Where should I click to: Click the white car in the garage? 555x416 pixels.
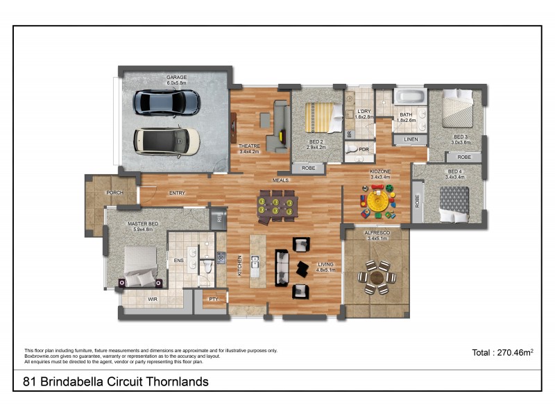point(166,141)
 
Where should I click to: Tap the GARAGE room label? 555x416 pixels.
point(176,78)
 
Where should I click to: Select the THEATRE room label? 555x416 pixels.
point(248,146)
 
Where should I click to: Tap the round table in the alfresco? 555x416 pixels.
point(377,277)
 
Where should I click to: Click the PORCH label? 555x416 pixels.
point(114,192)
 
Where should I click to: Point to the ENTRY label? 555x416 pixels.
point(177,193)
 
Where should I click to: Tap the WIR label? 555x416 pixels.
point(153,299)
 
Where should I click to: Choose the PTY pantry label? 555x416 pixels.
point(214,299)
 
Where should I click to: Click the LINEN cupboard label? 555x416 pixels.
point(410,139)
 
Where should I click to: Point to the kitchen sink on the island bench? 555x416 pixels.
point(255,262)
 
